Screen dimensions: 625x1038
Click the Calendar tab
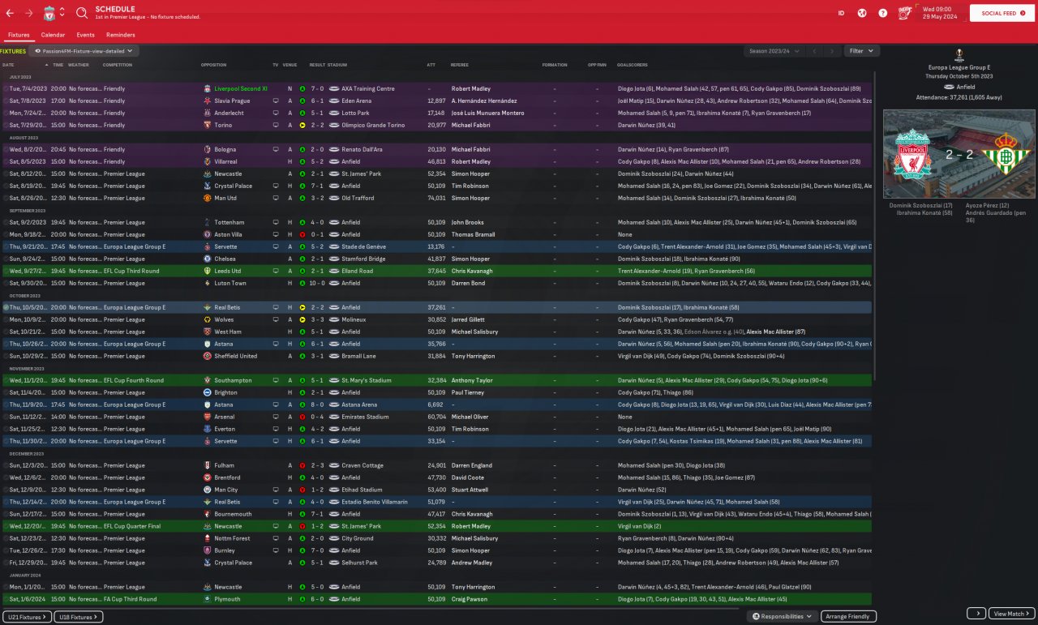(53, 35)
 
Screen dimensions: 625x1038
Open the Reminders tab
(120, 35)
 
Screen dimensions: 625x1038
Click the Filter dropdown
(861, 50)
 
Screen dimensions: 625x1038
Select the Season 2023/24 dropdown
(774, 50)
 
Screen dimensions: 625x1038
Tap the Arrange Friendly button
(848, 617)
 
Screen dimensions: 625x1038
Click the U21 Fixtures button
(27, 617)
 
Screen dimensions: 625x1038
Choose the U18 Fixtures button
(79, 617)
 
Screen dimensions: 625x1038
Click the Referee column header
(459, 65)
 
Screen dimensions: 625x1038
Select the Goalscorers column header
(632, 65)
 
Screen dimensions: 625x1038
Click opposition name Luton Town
(230, 283)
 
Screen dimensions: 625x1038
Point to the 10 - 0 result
(319, 283)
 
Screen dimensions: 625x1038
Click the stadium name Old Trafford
(358, 198)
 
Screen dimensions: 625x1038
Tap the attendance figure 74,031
(436, 198)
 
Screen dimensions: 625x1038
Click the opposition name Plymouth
(227, 599)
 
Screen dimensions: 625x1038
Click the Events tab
(85, 35)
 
